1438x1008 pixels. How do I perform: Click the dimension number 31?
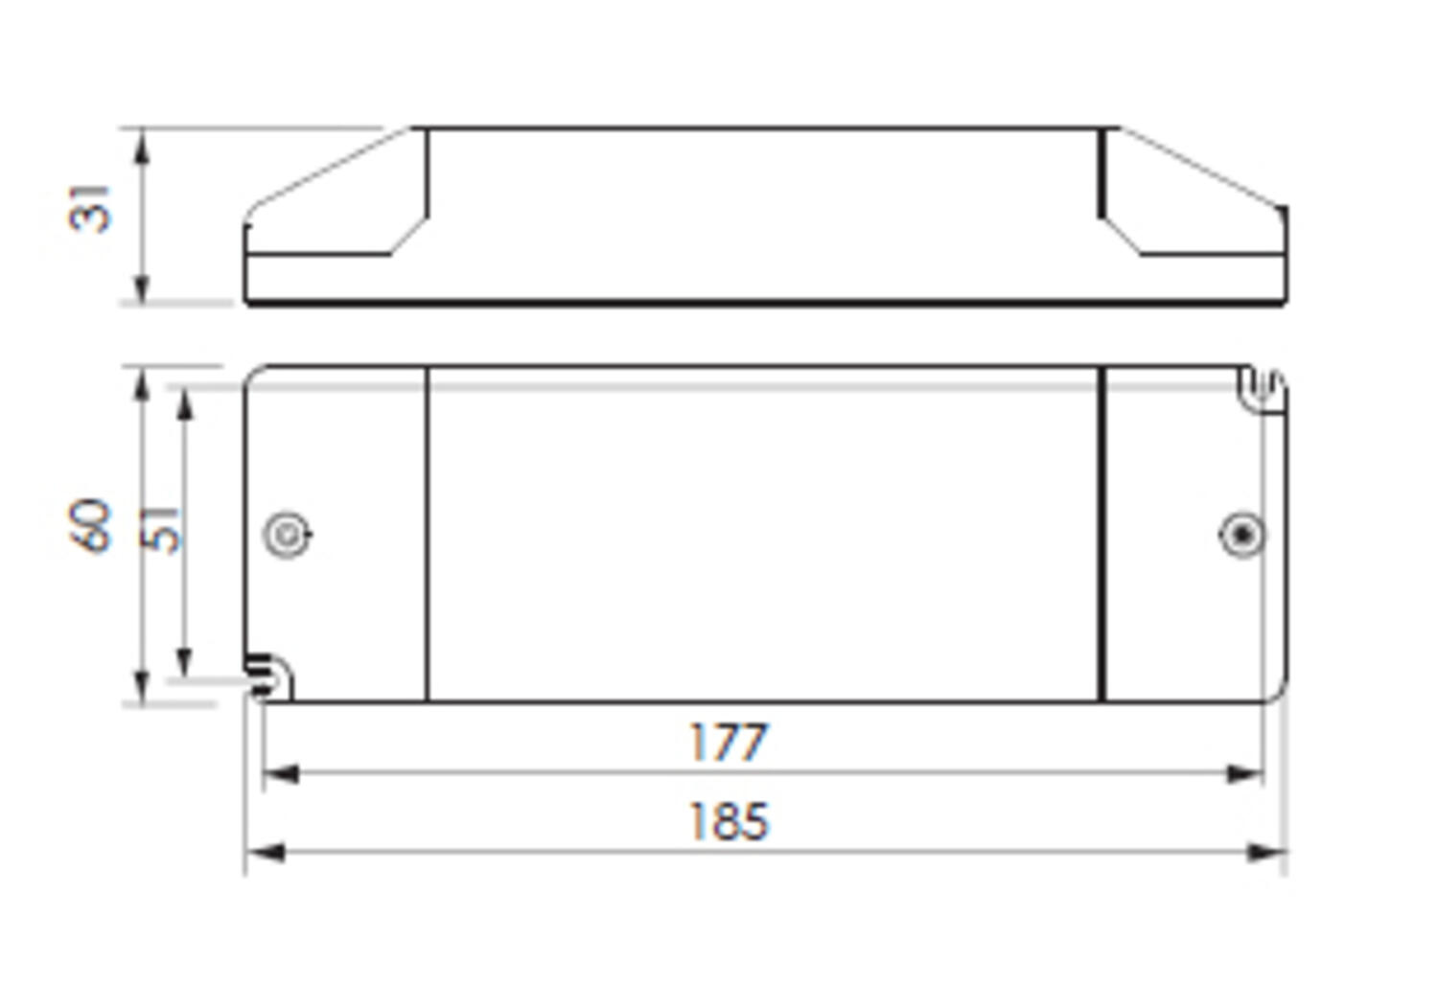90,208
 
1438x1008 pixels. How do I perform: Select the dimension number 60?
90,525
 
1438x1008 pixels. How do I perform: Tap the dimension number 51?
162,529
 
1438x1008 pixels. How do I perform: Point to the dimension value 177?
729,743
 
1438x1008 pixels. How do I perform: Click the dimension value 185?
729,822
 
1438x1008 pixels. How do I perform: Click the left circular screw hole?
287,535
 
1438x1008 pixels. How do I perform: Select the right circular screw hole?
1241,535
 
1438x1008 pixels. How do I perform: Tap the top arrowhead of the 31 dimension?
142,144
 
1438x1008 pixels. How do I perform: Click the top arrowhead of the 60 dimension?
142,383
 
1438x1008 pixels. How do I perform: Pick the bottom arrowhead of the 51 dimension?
185,661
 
